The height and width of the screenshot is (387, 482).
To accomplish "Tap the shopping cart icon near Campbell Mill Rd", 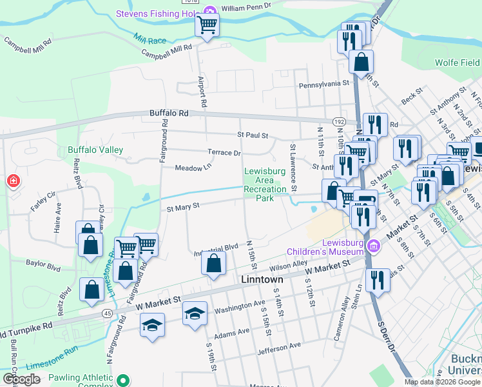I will tap(207, 26).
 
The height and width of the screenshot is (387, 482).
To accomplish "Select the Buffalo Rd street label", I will tap(169, 113).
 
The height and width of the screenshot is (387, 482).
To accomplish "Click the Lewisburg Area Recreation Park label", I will tap(265, 184).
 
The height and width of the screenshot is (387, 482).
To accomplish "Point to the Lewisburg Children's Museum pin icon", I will tap(372, 246).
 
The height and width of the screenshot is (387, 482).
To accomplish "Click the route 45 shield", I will tap(106, 313).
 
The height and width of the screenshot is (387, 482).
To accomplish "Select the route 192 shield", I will tap(339, 121).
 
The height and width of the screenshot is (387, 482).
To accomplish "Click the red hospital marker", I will tap(13, 182).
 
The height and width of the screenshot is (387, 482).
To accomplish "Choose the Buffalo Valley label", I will tap(95, 150).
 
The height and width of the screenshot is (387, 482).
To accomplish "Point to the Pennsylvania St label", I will tap(323, 84).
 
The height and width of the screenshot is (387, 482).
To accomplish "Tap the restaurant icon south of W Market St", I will tap(378, 279).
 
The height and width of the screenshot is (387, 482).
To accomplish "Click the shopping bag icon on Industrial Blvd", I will tap(213, 263).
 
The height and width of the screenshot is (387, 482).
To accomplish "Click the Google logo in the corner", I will tap(21, 379).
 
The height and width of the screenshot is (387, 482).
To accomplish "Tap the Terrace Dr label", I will tap(224, 153).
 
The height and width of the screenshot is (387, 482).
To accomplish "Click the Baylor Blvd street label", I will tap(43, 263).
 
